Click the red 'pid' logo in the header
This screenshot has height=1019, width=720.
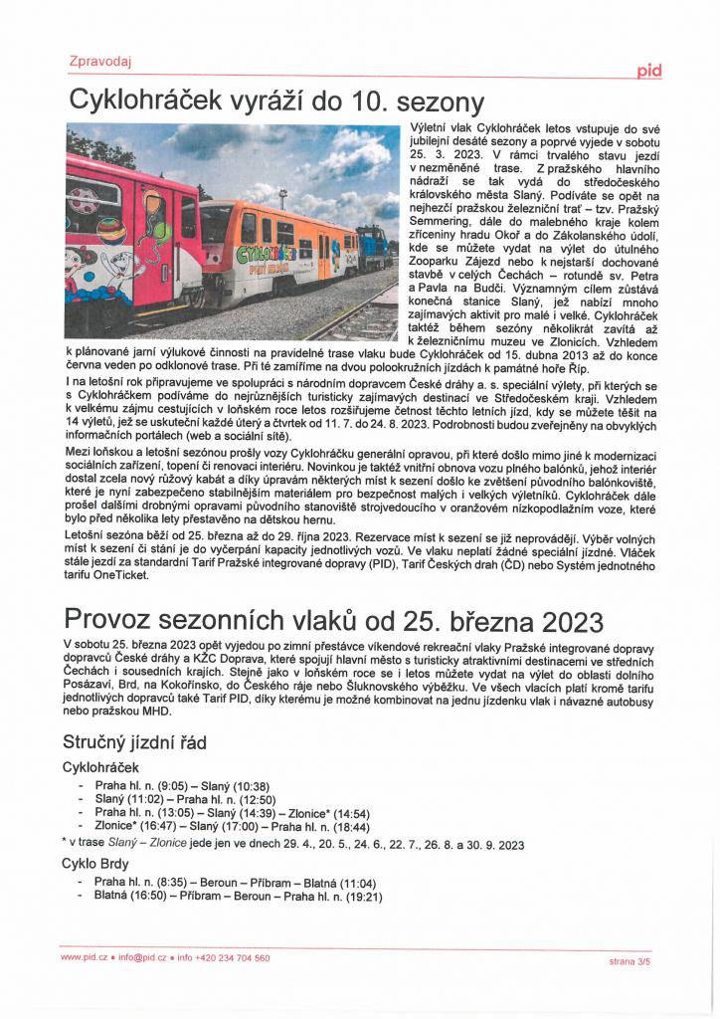(648, 71)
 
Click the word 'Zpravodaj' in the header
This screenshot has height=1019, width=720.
(100, 62)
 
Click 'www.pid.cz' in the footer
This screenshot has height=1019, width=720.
(84, 958)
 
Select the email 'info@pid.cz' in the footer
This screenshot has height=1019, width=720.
(143, 958)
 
